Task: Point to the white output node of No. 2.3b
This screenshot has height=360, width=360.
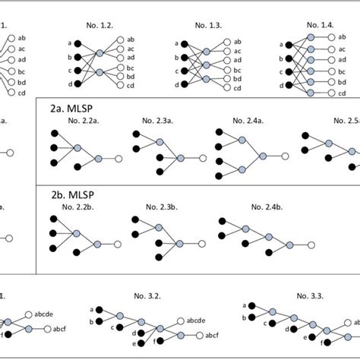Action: click(206, 244)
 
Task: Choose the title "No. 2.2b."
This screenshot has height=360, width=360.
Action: click(73, 205)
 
